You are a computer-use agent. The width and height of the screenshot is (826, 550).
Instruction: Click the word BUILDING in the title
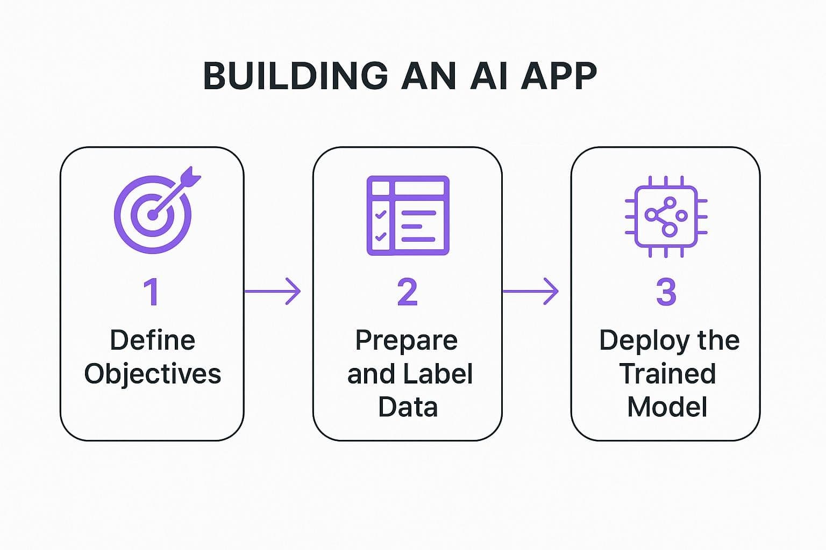coord(295,76)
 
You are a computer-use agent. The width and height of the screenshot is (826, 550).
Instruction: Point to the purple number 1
coord(152,292)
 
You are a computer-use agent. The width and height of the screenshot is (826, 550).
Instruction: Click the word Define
coord(152,341)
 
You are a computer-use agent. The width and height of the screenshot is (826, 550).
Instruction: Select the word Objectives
coord(152,374)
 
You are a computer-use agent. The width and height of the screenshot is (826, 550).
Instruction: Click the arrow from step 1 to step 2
coord(273,292)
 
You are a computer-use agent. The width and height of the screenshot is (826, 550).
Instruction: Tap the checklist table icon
coord(408,215)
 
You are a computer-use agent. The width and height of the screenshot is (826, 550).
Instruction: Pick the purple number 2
coord(407,292)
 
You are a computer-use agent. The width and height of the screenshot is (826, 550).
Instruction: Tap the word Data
coord(408,407)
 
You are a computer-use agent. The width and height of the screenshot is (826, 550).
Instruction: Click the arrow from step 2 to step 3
coord(530,292)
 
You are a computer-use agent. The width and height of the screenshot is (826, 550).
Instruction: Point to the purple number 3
coord(666,292)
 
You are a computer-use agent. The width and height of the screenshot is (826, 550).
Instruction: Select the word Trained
coord(667,374)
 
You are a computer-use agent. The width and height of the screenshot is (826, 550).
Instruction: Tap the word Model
coord(667,407)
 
